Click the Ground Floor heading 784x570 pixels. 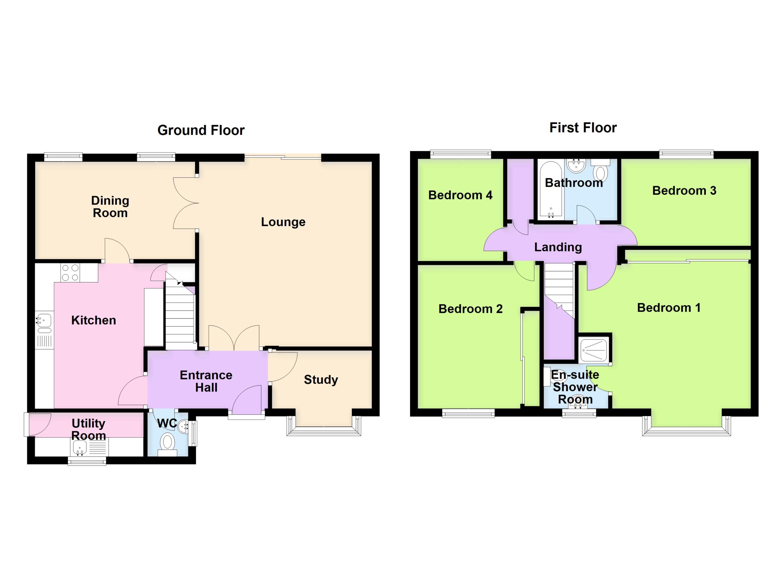[x=201, y=130]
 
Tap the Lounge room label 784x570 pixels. [x=283, y=222]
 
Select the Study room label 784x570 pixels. [x=321, y=380]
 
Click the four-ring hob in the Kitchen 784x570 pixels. [x=70, y=272]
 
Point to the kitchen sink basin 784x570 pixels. [x=44, y=320]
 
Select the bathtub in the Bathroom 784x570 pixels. [x=551, y=190]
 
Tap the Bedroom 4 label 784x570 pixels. [x=460, y=195]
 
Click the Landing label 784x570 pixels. [x=558, y=247]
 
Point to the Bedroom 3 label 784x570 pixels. [x=684, y=190]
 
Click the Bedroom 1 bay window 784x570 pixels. [x=687, y=427]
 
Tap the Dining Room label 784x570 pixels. [x=110, y=207]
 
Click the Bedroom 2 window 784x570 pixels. [x=468, y=413]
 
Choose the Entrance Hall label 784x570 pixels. [x=206, y=381]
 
